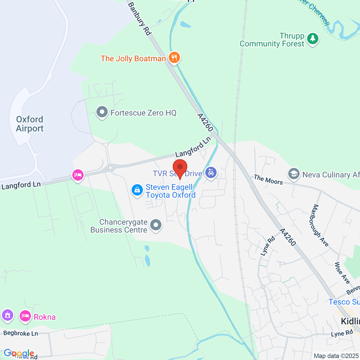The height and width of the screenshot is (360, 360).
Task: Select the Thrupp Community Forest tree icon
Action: click(313, 39)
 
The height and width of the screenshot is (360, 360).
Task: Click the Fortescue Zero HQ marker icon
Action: click(102, 112)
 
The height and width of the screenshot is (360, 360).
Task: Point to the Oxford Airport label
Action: click(30, 124)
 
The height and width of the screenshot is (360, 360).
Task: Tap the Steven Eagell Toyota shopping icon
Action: click(137, 190)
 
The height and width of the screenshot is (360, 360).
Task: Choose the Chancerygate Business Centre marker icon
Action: click(156, 225)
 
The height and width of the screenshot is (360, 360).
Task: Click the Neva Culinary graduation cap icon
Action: click(294, 174)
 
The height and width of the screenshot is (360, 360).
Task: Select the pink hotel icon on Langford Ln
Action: click(78, 175)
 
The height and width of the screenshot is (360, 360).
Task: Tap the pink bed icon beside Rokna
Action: click(25, 316)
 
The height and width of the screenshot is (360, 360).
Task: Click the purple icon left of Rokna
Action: click(7, 315)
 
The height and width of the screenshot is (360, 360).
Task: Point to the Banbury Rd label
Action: click(139, 19)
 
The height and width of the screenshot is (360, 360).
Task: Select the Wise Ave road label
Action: click(342, 273)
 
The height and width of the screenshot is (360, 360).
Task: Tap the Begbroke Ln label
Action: click(21, 333)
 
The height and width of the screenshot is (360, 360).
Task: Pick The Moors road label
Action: click(268, 179)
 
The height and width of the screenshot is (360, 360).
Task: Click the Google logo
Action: click(19, 353)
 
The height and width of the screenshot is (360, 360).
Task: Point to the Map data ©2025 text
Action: click(336, 356)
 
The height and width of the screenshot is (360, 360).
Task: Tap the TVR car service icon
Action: click(211, 172)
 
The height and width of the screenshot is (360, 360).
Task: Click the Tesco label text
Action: click(343, 302)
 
